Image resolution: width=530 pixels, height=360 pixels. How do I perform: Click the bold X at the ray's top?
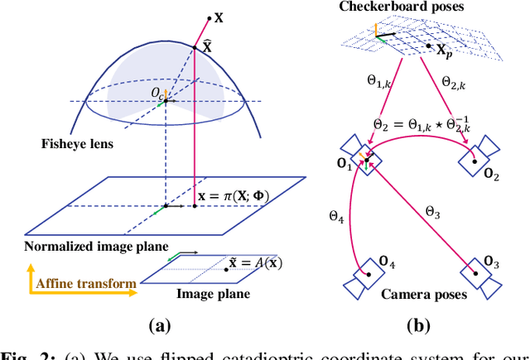click(219, 17)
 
